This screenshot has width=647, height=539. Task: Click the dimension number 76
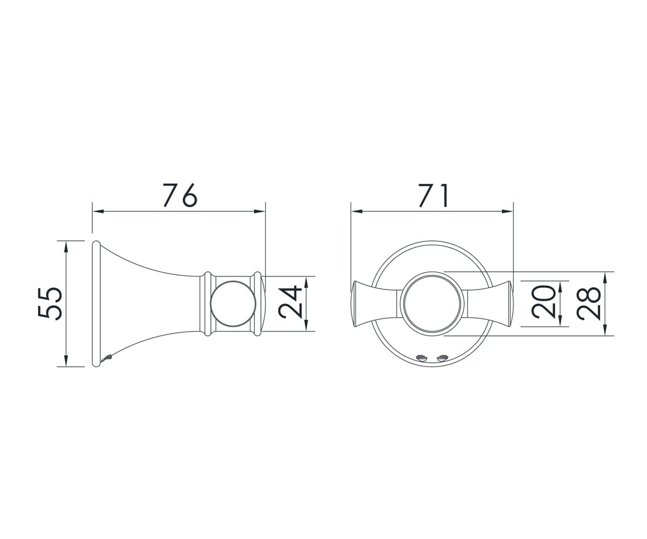(180, 195)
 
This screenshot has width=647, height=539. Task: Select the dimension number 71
(433, 195)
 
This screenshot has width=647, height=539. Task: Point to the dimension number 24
(290, 302)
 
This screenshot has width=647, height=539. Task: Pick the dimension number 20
(543, 302)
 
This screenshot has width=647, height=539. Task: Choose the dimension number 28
(588, 303)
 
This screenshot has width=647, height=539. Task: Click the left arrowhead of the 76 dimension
(98, 211)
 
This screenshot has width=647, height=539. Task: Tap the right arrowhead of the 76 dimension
(260, 211)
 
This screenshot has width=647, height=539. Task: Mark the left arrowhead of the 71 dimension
(356, 211)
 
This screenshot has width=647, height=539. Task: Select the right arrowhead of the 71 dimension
(507, 211)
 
